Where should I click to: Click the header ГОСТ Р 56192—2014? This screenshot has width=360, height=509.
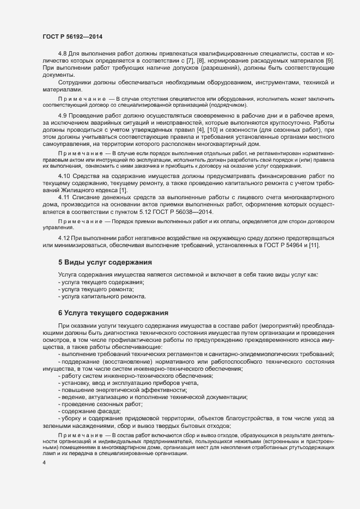[72, 36]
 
